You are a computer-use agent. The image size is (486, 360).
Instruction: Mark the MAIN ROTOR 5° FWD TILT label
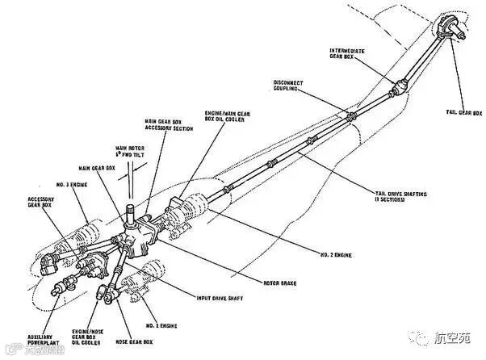130,153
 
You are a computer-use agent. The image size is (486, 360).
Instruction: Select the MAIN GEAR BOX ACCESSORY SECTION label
167,125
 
